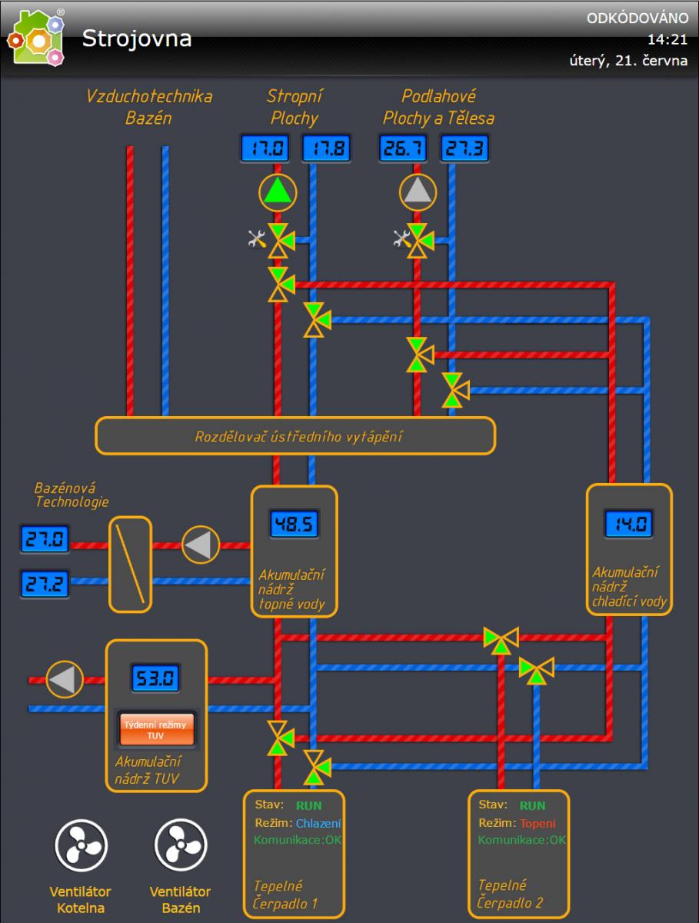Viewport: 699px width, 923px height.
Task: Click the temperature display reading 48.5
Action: point(294,525)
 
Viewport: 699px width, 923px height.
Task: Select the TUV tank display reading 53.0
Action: point(155,678)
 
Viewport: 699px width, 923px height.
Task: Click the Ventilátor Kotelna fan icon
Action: point(80,847)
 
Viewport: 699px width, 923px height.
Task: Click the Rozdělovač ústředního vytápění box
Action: point(295,436)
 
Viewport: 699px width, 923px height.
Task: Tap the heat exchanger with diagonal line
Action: point(129,564)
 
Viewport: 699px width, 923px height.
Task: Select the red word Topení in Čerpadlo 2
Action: point(538,823)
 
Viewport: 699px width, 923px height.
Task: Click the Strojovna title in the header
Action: point(137,38)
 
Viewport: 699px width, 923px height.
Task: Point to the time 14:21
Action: point(667,39)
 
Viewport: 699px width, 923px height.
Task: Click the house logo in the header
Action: point(35,38)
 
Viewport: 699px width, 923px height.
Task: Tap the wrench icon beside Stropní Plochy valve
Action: point(257,239)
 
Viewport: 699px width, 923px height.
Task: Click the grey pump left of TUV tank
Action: point(65,680)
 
